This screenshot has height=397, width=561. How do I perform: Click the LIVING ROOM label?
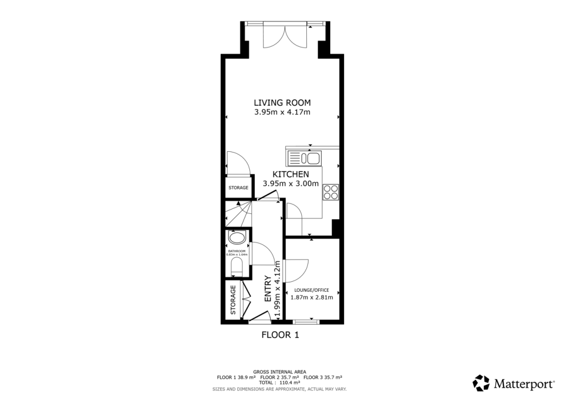(x=282, y=102)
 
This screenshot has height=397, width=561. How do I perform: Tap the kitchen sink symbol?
(x=304, y=158)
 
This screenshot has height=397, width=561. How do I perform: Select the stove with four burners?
(x=331, y=192)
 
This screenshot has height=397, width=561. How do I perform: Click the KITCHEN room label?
(x=283, y=174)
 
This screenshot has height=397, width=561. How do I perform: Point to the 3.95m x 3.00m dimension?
(x=290, y=184)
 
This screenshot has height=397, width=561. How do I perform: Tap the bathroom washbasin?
(x=237, y=238)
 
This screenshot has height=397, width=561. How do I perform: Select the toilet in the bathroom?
(x=237, y=268)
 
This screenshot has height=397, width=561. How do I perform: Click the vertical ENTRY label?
(x=268, y=289)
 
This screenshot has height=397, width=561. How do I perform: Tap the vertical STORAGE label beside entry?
(x=233, y=300)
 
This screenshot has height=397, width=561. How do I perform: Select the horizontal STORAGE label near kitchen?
(x=238, y=188)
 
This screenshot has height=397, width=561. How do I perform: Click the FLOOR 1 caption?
(x=280, y=334)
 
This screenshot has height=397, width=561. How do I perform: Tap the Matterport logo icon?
(x=481, y=383)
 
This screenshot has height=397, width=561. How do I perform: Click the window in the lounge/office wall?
(x=304, y=321)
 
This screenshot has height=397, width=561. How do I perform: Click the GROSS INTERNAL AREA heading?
(x=279, y=372)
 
